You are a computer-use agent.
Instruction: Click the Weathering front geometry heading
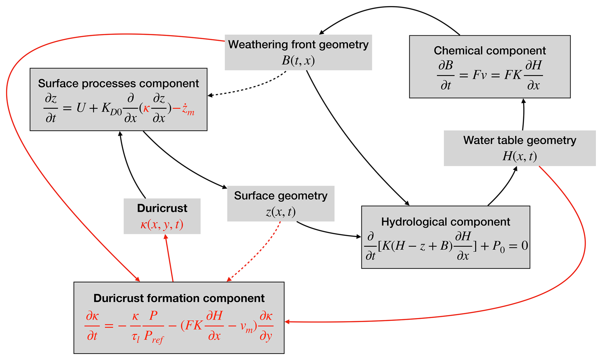tap(298, 45)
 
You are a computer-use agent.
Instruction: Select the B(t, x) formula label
tap(298, 60)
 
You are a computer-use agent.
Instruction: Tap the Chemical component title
tap(490, 51)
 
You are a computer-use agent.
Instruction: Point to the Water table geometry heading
tap(520, 140)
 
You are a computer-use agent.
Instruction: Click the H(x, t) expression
tap(520, 156)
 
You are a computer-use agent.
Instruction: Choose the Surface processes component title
tap(118, 83)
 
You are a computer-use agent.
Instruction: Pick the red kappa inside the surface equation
tap(146, 108)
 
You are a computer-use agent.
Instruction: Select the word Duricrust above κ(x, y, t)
tap(162, 208)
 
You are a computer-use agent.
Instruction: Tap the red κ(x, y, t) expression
tap(162, 225)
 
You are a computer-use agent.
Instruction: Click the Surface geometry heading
tap(281, 196)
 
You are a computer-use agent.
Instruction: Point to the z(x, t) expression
tap(281, 212)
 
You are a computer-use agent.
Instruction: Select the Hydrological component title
tap(445, 222)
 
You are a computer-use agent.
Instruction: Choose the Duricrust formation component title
tap(179, 298)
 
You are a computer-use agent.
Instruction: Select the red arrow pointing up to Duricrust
tap(169, 258)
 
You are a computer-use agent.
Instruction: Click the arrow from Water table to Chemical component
tap(523, 114)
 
